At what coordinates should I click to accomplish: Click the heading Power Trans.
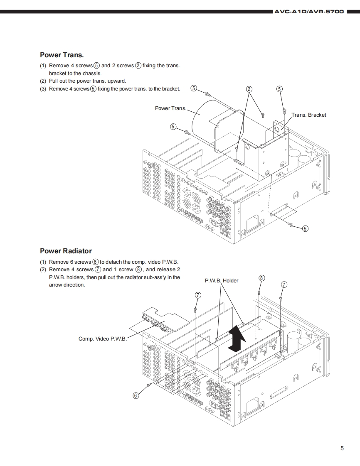coord(62,55)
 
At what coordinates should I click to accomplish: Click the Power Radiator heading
coord(66,251)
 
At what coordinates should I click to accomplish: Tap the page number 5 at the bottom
coord(342,448)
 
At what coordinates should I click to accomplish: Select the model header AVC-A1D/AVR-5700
coord(309,12)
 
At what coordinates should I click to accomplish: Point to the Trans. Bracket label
coord(309,115)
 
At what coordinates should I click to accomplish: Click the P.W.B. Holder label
coord(222,281)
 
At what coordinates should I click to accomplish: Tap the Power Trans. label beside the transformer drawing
coord(170,108)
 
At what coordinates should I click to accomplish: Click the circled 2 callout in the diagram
coord(249,89)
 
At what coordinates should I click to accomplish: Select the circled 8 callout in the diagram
coord(261,278)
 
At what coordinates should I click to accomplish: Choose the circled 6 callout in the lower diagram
coord(136,395)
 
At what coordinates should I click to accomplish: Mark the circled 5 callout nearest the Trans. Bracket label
coord(279,89)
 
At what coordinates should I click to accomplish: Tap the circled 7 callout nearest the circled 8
coord(284,285)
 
